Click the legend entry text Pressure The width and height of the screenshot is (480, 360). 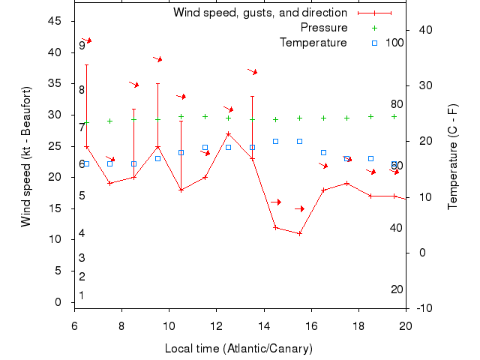(x=324, y=28)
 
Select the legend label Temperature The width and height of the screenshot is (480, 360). (x=313, y=43)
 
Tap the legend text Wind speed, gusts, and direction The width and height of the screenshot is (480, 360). (x=260, y=13)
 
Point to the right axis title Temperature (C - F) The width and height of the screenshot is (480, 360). (x=453, y=157)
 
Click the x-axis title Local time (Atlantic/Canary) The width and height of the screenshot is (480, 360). (x=240, y=349)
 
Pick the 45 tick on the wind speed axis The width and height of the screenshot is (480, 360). (x=55, y=21)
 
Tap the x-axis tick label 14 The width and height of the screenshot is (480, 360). (x=264, y=325)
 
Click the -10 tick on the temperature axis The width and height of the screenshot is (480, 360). (x=424, y=308)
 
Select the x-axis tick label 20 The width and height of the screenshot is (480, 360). (x=406, y=325)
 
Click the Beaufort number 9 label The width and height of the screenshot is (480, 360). (x=82, y=46)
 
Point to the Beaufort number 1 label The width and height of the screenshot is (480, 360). (x=82, y=295)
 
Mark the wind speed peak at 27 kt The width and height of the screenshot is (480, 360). (x=228, y=133)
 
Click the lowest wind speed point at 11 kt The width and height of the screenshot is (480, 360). (x=299, y=233)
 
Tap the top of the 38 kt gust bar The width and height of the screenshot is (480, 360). (x=86, y=64)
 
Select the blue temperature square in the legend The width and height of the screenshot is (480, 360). (x=375, y=43)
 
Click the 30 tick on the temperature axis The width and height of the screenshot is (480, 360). (x=423, y=85)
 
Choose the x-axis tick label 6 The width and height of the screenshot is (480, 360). (x=74, y=325)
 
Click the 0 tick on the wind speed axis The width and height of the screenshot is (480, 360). (x=58, y=302)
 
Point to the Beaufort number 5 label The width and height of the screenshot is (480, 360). (x=82, y=196)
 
